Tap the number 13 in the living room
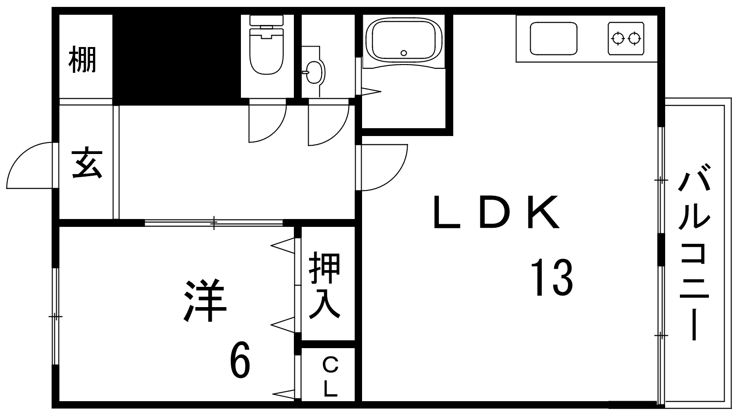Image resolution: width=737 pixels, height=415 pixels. click(x=552, y=277)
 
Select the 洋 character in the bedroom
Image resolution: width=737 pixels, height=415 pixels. click(x=205, y=300)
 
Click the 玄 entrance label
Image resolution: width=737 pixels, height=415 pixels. click(x=87, y=163)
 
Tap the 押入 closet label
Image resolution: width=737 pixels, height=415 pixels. click(x=325, y=285)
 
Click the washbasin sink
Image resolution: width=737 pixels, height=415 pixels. click(x=314, y=72)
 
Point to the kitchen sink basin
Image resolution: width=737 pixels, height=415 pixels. click(x=554, y=39)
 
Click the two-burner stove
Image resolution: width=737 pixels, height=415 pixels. click(x=626, y=39)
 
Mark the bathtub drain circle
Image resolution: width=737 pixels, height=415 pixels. click(x=404, y=53)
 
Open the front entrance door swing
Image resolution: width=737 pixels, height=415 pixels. click(x=29, y=166)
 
